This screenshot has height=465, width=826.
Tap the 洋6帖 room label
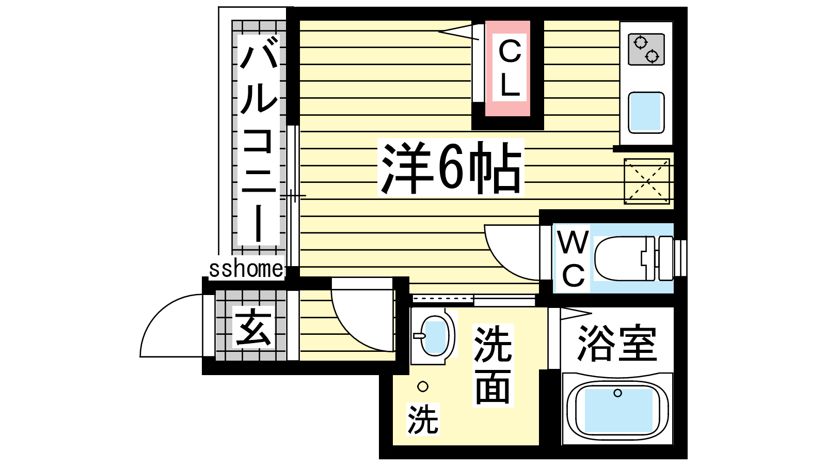click(451, 168)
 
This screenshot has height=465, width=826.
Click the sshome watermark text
click(246, 268)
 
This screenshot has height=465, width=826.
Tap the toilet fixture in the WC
click(634, 258)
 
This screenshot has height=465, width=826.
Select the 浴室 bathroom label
click(617, 344)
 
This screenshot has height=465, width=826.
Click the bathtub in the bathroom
click(617, 410)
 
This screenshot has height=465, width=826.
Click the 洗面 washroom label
click(493, 365)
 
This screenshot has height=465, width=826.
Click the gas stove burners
click(646, 50)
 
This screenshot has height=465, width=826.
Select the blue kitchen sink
click(646, 113)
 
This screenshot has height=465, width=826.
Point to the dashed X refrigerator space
click(647, 181)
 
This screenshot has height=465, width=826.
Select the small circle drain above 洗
click(423, 387)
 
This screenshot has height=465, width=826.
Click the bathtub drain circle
click(617, 393)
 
